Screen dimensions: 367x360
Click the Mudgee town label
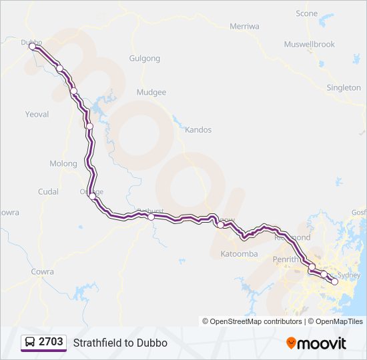(x=150, y=93)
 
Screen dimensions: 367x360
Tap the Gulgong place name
(x=145, y=59)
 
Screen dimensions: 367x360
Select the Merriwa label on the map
(x=244, y=26)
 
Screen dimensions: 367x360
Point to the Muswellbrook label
(x=309, y=45)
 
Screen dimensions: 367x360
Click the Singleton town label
(x=344, y=87)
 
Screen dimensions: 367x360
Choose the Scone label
(x=307, y=13)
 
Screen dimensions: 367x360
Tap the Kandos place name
(x=198, y=130)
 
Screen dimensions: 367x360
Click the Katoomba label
(x=239, y=254)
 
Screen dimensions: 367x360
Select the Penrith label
(x=286, y=259)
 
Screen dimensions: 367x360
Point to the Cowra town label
(x=42, y=272)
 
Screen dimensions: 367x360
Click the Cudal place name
(x=48, y=191)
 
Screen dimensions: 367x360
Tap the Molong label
(x=63, y=163)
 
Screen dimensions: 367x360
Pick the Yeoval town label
(x=37, y=114)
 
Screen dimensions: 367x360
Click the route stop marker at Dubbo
(x=32, y=47)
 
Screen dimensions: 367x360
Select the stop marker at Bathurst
(x=151, y=217)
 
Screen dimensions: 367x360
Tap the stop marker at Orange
(x=92, y=196)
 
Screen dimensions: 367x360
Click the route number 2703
(x=51, y=342)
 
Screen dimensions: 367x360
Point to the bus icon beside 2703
(x=30, y=343)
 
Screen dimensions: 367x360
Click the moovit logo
(x=316, y=343)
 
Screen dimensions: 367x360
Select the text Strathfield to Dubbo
(x=120, y=343)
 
